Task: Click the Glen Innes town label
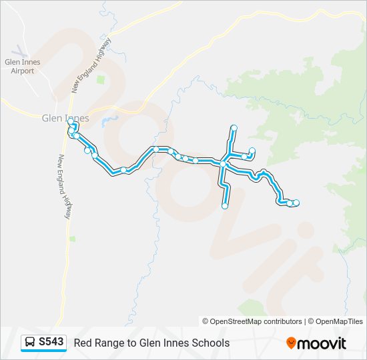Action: [x=65, y=118]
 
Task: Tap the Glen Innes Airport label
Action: [x=23, y=67]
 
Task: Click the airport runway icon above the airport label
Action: [x=21, y=50]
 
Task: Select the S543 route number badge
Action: [x=51, y=342]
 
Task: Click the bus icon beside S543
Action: [x=31, y=342]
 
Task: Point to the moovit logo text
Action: [x=322, y=343]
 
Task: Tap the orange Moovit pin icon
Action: [x=291, y=343]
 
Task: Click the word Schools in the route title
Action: [x=209, y=343]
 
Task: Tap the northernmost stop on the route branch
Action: [x=234, y=127]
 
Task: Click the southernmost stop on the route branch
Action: [x=225, y=206]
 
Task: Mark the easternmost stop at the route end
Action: [x=296, y=203]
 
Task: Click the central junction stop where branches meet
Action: [x=224, y=163]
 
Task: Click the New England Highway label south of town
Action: [x=65, y=187]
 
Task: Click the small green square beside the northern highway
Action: [x=101, y=80]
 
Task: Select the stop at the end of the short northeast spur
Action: [x=252, y=151]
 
